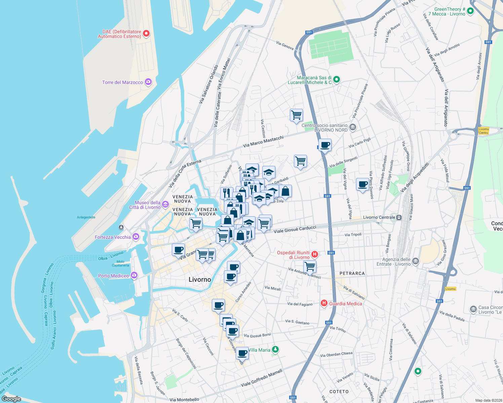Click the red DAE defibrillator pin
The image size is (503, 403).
[146, 33]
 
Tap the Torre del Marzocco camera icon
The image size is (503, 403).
[148, 82]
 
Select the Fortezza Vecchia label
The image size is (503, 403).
[113, 237]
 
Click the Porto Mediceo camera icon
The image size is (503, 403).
[134, 275]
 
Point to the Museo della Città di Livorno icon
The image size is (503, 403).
[165, 204]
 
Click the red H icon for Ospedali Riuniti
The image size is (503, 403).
[315, 254]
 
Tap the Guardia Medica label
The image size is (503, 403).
[345, 304]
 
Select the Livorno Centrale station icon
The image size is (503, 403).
[399, 217]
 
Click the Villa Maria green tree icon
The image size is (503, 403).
[275, 350]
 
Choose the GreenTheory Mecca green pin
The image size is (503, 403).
[470, 11]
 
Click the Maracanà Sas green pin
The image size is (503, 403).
[336, 80]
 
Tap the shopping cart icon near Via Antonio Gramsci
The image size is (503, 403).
[310, 267]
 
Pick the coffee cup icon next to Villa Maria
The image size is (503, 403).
[242, 353]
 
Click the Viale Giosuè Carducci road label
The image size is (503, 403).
[295, 229]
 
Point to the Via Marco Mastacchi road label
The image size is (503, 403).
[263, 141]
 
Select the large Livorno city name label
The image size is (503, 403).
[200, 279]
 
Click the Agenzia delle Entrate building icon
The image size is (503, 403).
[416, 261]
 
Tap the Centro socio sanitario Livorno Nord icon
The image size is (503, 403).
[353, 127]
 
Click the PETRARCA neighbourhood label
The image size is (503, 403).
[352, 273]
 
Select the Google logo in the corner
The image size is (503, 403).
[11, 399]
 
